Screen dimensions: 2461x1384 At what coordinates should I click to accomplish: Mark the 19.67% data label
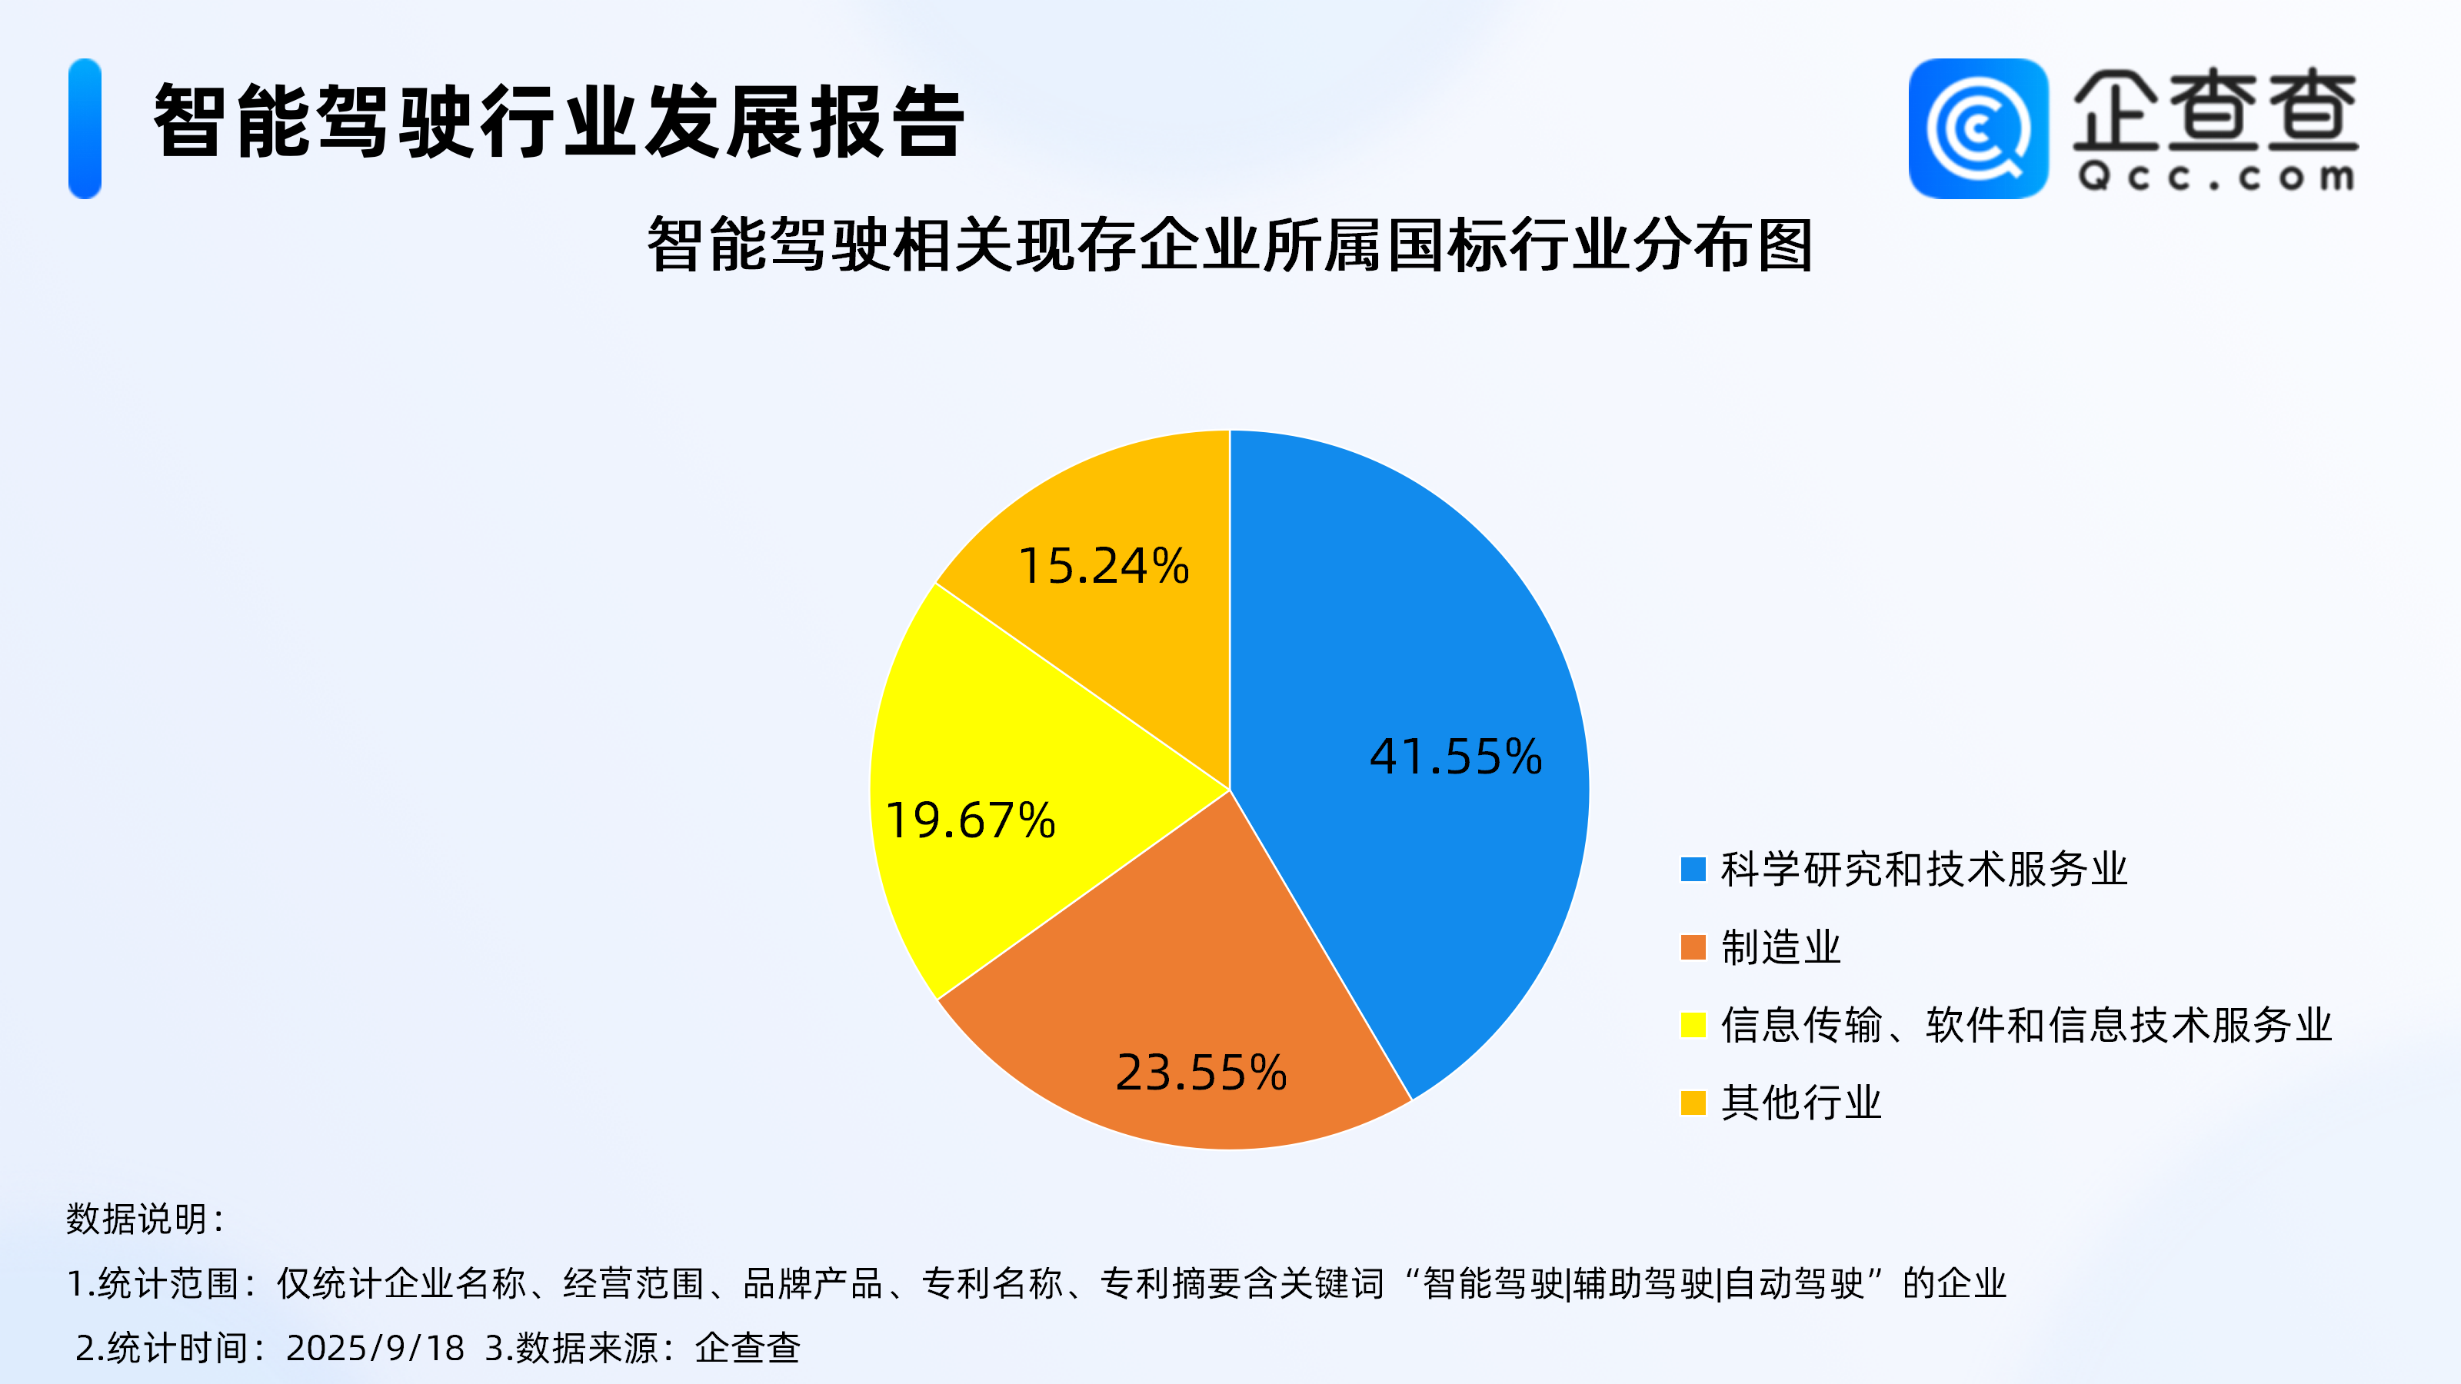[971, 820]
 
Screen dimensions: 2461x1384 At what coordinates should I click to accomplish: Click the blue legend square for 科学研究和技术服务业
[1693, 869]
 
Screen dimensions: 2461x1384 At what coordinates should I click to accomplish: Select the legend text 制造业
[1781, 947]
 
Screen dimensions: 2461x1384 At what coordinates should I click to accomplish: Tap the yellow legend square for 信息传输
[1693, 1025]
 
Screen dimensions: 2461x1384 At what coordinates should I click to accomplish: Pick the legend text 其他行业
[1801, 1103]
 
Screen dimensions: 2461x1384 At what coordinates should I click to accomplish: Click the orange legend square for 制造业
[1693, 947]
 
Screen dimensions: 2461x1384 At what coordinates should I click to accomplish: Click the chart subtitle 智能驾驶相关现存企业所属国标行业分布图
[1230, 245]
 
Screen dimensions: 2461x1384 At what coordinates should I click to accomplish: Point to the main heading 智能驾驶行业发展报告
[559, 121]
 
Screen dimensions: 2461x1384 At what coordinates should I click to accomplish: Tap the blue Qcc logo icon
[1979, 129]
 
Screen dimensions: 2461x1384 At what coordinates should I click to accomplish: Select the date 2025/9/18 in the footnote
[375, 1348]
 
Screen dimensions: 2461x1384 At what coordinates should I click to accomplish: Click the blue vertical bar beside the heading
[85, 129]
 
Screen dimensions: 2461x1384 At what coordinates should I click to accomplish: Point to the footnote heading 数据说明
[145, 1219]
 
